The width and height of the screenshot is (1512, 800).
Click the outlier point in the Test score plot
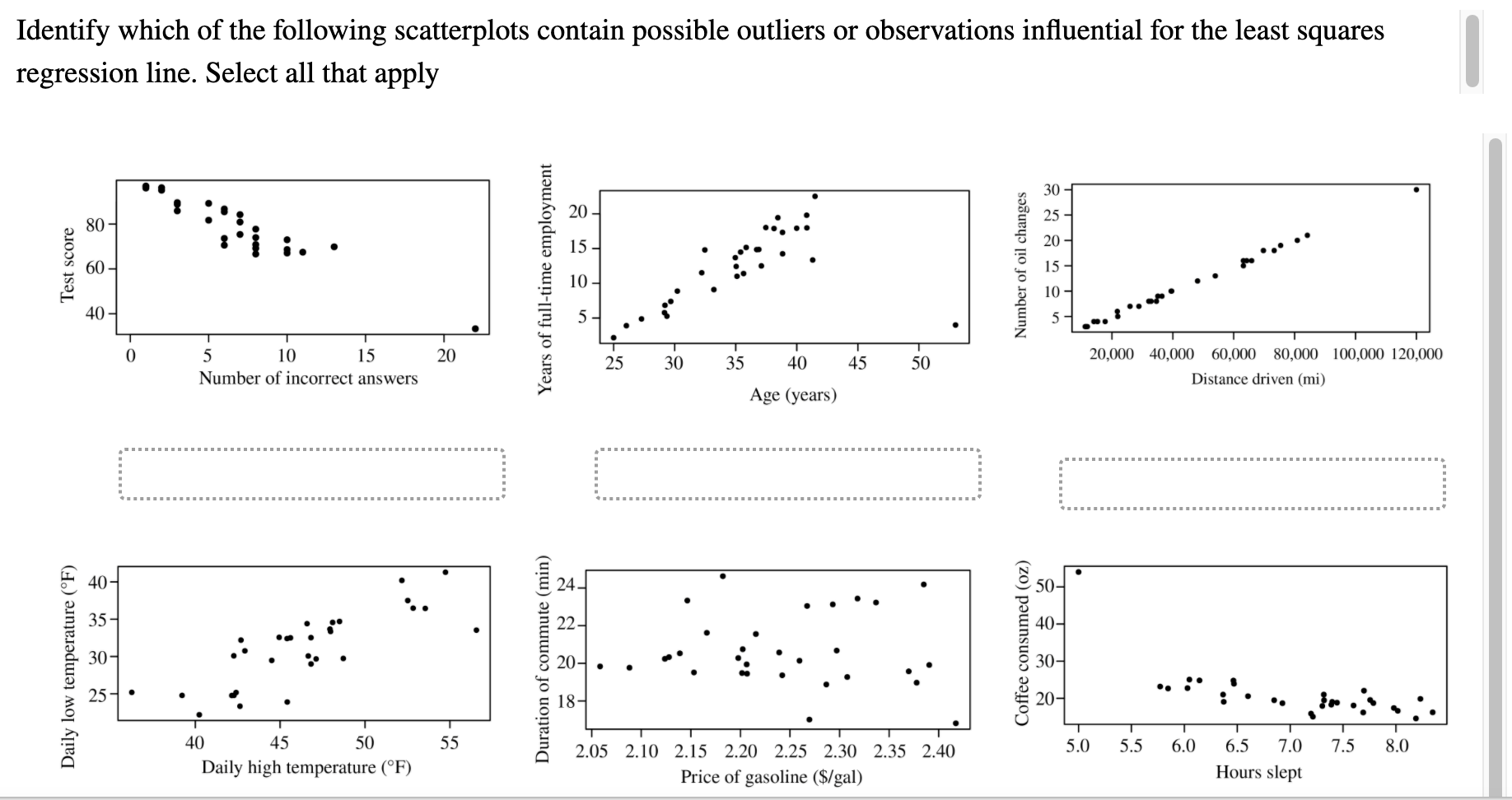475,328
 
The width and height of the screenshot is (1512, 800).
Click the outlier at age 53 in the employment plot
955,325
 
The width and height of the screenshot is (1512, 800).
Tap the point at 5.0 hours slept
1078,572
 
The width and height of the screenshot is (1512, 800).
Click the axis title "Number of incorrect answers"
308,379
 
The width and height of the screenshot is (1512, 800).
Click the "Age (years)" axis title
792,395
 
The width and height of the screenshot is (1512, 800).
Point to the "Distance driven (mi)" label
1258,379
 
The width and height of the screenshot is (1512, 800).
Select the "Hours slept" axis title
1258,772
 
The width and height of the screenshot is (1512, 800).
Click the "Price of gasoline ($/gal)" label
771,777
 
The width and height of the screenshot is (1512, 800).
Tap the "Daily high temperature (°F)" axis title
306,767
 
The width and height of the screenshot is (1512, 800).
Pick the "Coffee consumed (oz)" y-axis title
1022,644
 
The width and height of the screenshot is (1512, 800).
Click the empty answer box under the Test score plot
311,474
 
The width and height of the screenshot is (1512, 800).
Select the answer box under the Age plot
787,474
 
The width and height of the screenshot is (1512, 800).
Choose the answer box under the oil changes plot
1252,484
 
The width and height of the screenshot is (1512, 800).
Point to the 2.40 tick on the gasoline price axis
939,751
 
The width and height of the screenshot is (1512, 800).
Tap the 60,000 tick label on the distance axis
1234,355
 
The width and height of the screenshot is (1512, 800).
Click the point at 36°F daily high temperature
132,692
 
